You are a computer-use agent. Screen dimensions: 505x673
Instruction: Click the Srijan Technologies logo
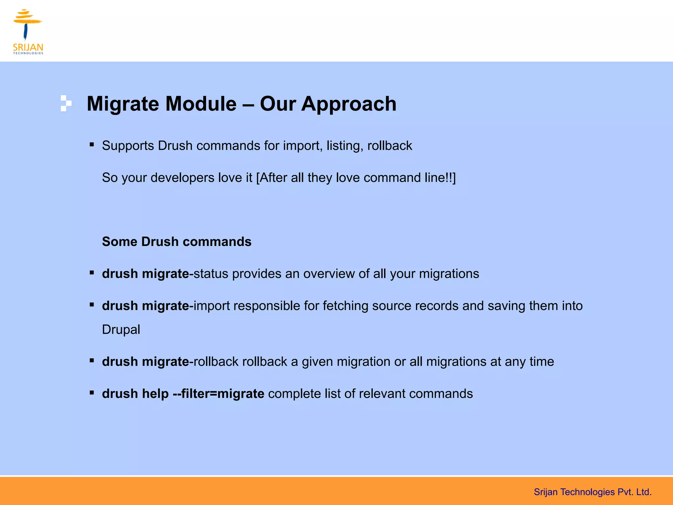[28, 32]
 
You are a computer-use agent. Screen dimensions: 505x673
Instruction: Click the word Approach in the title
[349, 104]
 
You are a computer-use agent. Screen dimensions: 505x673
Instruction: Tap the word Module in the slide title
[201, 104]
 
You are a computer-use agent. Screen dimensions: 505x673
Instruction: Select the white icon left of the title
[66, 104]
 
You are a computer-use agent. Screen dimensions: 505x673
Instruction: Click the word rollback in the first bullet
[389, 146]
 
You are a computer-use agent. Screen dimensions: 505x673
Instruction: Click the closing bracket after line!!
[454, 178]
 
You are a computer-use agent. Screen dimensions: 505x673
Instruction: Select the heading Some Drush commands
[176, 242]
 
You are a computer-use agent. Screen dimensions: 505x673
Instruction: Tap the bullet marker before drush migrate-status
[92, 273]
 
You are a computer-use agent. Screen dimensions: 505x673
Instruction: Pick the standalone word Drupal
[121, 330]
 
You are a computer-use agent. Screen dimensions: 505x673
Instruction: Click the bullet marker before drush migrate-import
[92, 305]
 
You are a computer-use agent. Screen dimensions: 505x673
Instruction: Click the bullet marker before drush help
[92, 393]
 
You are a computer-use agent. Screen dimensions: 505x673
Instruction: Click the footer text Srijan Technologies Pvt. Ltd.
[592, 492]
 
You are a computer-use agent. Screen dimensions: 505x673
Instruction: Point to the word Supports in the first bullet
[128, 146]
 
